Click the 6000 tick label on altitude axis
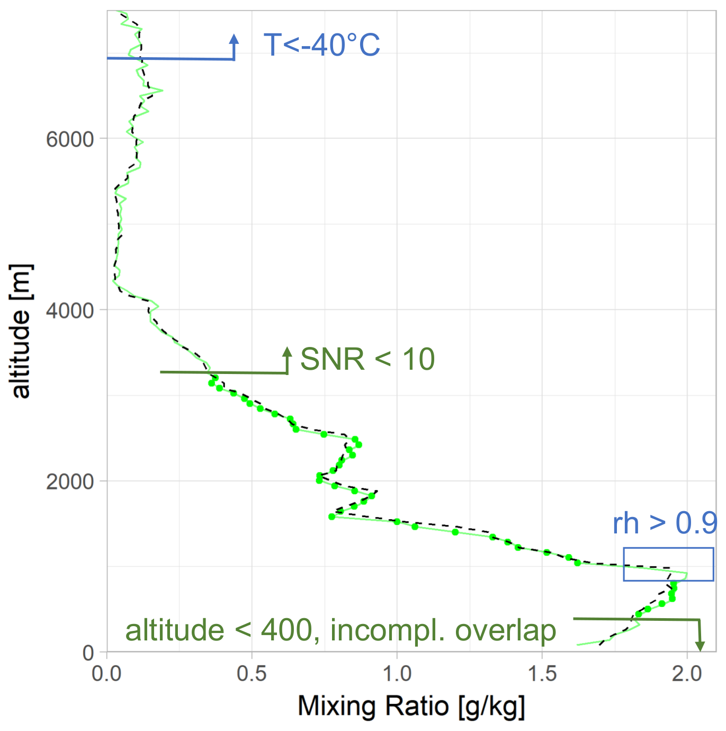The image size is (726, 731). tap(69, 139)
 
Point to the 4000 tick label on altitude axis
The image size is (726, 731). tap(69, 310)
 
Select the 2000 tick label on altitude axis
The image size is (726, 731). tap(69, 482)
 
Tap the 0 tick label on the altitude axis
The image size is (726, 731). tap(88, 653)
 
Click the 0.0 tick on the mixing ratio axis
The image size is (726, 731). tap(107, 674)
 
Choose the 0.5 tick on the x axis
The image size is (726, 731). tap(252, 674)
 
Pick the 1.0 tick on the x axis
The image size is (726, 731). tap(397, 674)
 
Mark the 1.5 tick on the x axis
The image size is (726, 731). tap(542, 674)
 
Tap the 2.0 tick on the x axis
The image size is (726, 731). tap(686, 674)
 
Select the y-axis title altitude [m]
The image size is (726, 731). tap(21, 331)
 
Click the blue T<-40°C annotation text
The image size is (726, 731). tap(321, 44)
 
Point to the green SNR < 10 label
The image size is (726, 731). tap(368, 360)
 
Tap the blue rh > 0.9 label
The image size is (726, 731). tap(665, 523)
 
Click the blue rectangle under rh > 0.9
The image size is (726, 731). tap(668, 548)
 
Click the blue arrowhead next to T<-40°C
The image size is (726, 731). tap(234, 38)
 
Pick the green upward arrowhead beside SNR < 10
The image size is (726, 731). tap(287, 352)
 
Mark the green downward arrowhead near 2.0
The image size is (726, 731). tap(700, 646)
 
